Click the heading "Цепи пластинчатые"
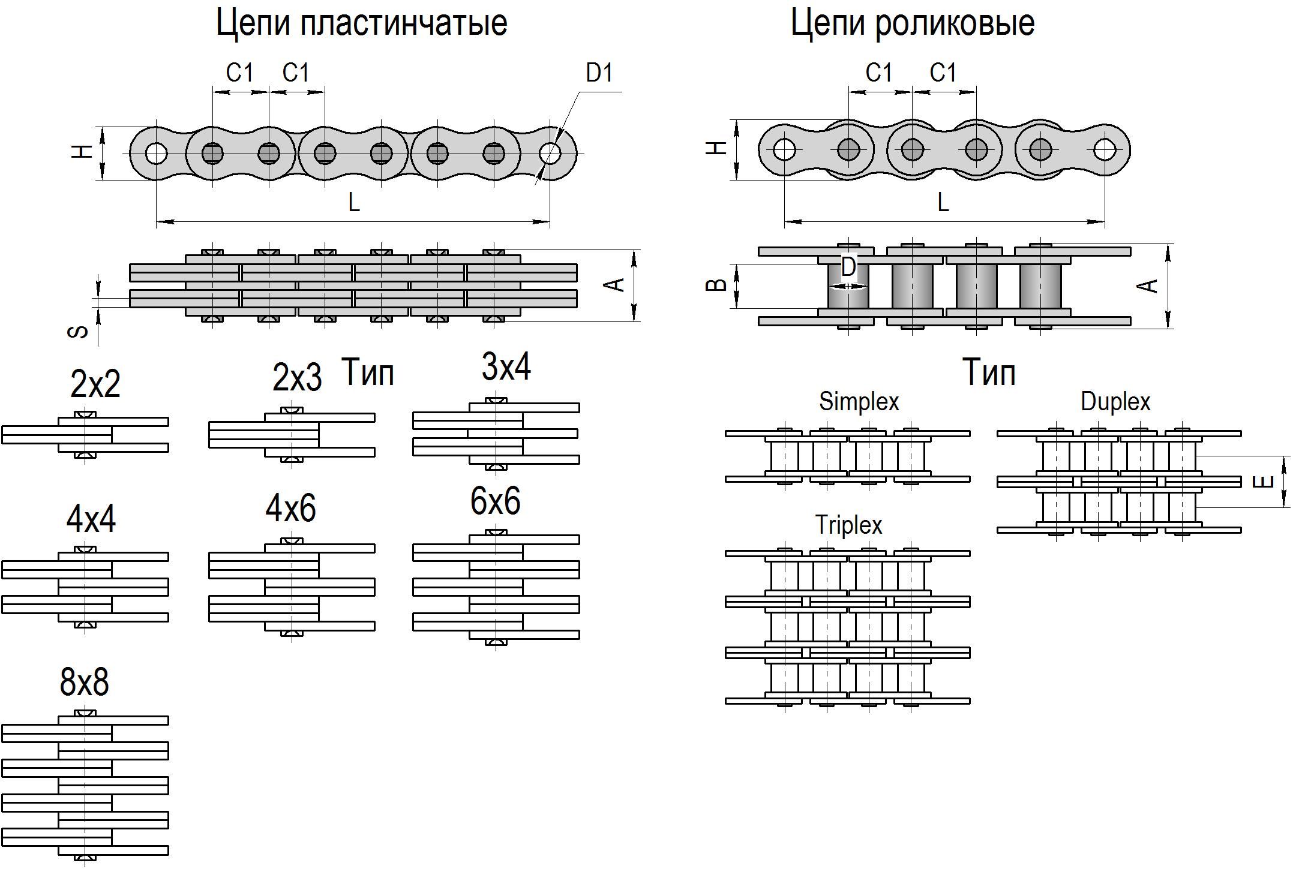361,23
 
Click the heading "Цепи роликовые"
912,23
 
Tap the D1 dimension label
599,73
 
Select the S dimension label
79,332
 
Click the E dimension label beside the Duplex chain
1264,482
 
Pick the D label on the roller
848,267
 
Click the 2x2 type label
95,384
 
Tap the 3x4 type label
506,367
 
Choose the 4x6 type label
290,509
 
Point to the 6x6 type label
495,501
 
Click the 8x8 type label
85,682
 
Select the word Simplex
859,401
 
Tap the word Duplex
1115,401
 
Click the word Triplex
848,525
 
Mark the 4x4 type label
91,519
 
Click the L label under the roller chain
943,203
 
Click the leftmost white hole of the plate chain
157,154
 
